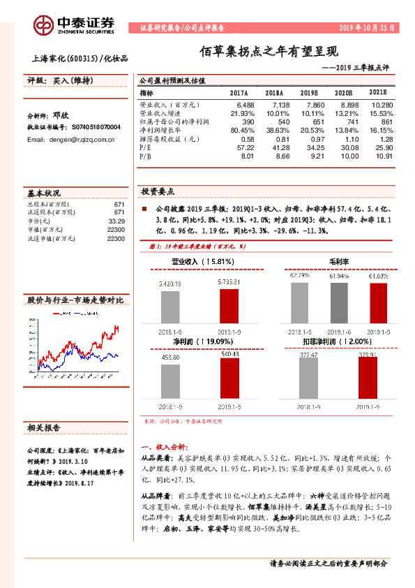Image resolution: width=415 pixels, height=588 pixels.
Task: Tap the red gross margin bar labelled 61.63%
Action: [x=377, y=301]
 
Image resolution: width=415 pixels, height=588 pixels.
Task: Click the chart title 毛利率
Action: [x=339, y=261]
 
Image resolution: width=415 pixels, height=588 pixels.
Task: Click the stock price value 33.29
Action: [x=116, y=221]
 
